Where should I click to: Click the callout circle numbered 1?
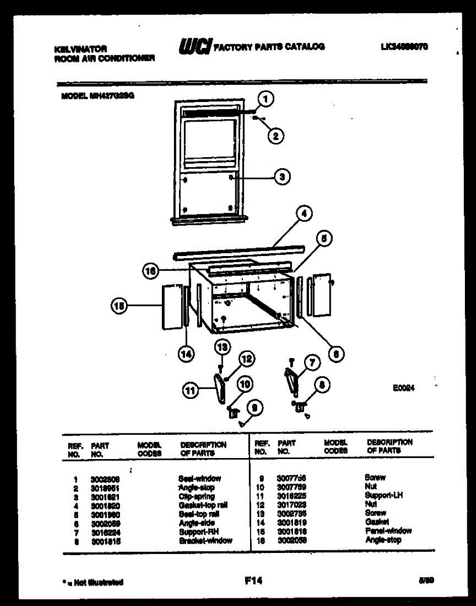[x=265, y=99]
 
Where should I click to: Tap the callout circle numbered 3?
[x=282, y=176]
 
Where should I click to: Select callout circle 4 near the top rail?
[x=304, y=214]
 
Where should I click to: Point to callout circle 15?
[x=120, y=305]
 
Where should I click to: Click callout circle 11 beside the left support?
[x=190, y=390]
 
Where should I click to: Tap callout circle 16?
[x=150, y=271]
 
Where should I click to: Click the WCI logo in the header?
[x=195, y=46]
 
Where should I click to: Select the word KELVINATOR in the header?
[x=80, y=49]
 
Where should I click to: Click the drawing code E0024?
[x=403, y=388]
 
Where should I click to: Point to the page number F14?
[x=254, y=581]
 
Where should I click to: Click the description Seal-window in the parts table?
[x=200, y=478]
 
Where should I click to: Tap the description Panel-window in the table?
[x=388, y=531]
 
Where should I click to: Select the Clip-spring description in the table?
[x=196, y=496]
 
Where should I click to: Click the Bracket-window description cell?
[x=206, y=540]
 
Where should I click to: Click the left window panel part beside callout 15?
[x=171, y=307]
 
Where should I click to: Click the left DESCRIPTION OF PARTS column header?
[x=203, y=449]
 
